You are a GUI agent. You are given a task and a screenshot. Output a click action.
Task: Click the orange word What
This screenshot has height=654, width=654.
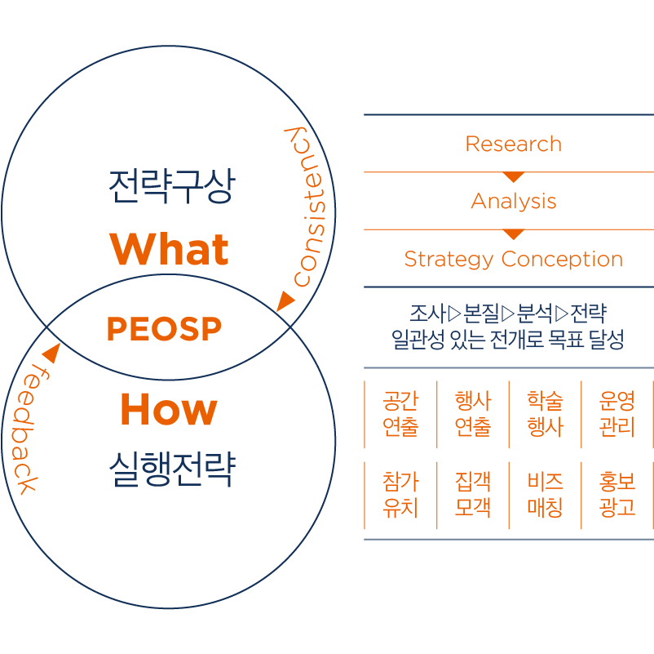(x=170, y=248)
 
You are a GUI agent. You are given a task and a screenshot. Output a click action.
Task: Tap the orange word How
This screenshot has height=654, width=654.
(x=169, y=409)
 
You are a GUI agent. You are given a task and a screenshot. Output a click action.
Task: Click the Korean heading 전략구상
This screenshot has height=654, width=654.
(x=170, y=187)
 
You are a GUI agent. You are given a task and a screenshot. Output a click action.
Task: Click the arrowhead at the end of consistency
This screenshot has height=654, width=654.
(x=285, y=300)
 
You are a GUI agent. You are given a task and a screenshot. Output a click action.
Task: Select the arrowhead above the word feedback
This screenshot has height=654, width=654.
(x=51, y=353)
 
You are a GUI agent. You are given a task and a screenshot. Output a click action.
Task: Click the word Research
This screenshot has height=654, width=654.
(x=513, y=145)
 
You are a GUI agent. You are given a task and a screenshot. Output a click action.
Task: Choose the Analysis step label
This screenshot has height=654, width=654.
(x=514, y=202)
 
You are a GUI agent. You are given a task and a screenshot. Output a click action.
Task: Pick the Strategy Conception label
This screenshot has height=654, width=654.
(x=513, y=260)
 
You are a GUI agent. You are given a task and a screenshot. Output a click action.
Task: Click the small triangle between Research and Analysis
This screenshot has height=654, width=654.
(x=513, y=176)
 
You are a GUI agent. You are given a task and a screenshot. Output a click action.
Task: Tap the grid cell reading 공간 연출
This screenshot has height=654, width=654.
(x=400, y=414)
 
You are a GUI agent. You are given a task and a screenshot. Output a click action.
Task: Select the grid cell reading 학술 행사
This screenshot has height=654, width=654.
(x=545, y=414)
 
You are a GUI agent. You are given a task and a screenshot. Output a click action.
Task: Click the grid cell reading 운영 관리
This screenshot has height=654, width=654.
(x=616, y=414)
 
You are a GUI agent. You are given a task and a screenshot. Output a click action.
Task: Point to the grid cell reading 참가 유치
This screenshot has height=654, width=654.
(x=400, y=495)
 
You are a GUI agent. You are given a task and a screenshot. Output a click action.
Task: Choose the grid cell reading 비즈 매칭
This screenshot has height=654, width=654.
(x=545, y=495)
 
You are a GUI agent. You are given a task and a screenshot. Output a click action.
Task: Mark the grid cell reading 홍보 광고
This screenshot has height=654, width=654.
(x=616, y=495)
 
